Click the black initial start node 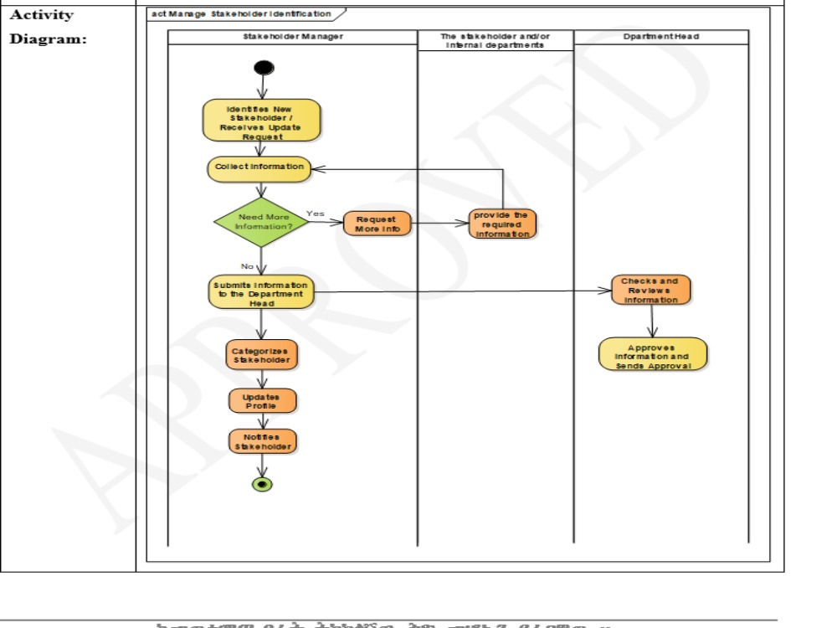tap(262, 69)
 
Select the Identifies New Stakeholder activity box tap(261, 121)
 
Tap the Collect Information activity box tap(259, 167)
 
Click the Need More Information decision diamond tap(261, 222)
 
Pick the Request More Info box tap(377, 224)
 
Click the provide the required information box tap(502, 224)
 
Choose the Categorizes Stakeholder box tap(261, 355)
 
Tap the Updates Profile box tap(262, 401)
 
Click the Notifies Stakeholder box tap(262, 442)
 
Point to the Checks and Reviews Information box tap(650, 290)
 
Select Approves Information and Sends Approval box tap(653, 354)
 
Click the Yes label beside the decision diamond tap(316, 214)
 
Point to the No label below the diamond tap(248, 266)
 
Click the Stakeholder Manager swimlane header tap(292, 37)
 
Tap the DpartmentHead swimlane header tap(660, 37)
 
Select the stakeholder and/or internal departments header tap(495, 40)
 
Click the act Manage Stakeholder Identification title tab tap(241, 14)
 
